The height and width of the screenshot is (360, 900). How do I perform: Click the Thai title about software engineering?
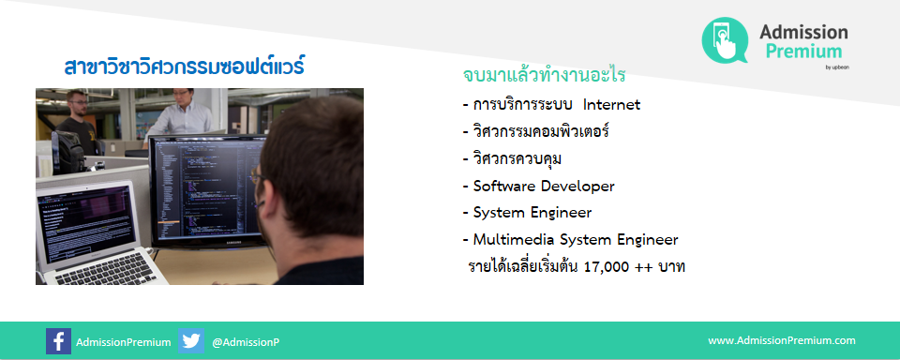click(184, 67)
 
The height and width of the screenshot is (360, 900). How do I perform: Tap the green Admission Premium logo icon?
click(726, 41)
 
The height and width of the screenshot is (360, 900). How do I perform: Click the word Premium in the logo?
click(802, 51)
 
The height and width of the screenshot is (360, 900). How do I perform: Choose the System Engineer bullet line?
click(532, 213)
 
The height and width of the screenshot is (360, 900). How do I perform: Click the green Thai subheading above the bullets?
click(544, 74)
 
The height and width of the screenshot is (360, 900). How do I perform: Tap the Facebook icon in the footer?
click(58, 341)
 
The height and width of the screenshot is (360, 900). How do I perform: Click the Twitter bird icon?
click(191, 341)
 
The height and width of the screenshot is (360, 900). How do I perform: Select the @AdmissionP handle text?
click(246, 342)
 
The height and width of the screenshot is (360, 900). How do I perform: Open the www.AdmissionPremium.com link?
click(781, 341)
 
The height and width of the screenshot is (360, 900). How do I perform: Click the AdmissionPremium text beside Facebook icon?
click(123, 342)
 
